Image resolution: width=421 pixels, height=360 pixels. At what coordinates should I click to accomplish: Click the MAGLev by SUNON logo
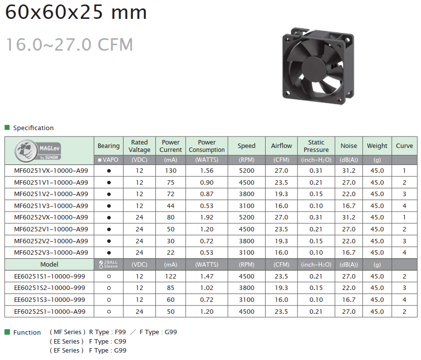pos(38,150)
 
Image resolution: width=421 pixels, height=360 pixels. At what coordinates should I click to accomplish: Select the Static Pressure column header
pos(316,146)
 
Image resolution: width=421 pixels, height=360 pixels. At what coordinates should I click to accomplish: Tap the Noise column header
pos(349,146)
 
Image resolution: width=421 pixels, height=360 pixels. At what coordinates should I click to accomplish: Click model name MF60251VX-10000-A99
pos(51,171)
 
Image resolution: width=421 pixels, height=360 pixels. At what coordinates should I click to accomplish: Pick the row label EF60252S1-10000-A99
pos(50,312)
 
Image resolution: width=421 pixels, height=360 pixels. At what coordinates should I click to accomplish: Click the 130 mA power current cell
pos(170,171)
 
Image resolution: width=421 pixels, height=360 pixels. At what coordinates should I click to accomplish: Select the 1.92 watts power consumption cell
pos(207,217)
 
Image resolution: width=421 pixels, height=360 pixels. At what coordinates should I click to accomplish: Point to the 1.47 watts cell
pos(207,277)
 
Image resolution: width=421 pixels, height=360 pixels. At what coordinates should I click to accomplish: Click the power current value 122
pos(170,277)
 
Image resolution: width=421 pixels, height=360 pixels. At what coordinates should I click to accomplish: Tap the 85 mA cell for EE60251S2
pos(170,288)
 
